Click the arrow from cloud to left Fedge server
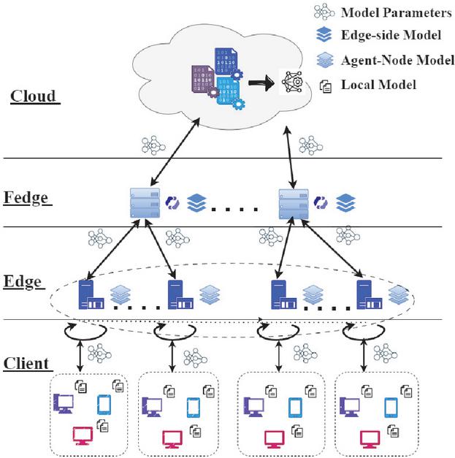[174, 156]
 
